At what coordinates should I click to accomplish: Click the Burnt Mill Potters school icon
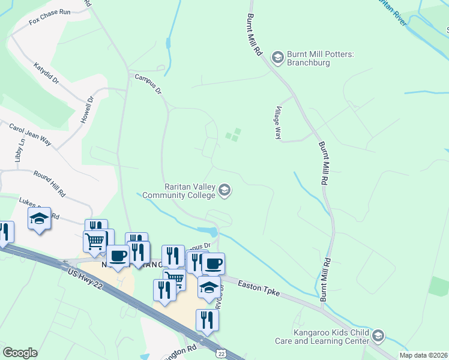[x=277, y=57]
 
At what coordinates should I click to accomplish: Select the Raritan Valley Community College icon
[x=224, y=191]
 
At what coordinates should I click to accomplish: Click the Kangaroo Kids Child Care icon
[x=378, y=335]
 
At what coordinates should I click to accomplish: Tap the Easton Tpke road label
[x=258, y=289]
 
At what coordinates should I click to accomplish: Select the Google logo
[x=20, y=352]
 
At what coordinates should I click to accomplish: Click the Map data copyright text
[x=423, y=355]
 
